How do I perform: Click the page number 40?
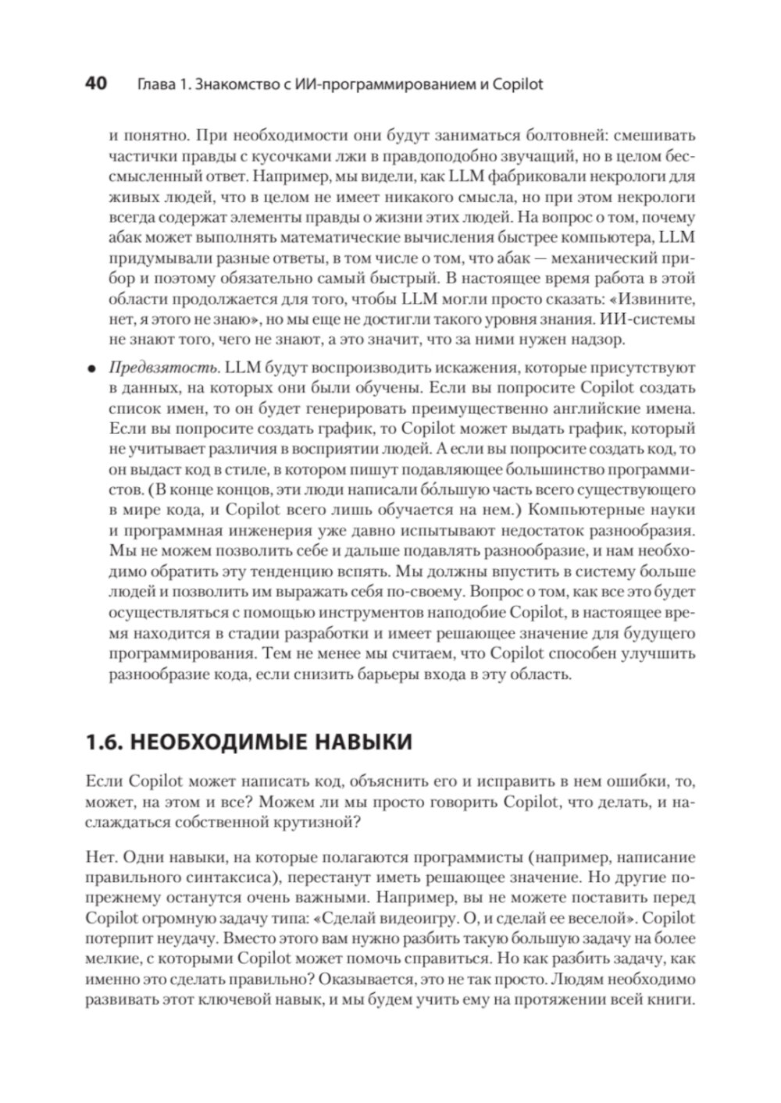(95, 84)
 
